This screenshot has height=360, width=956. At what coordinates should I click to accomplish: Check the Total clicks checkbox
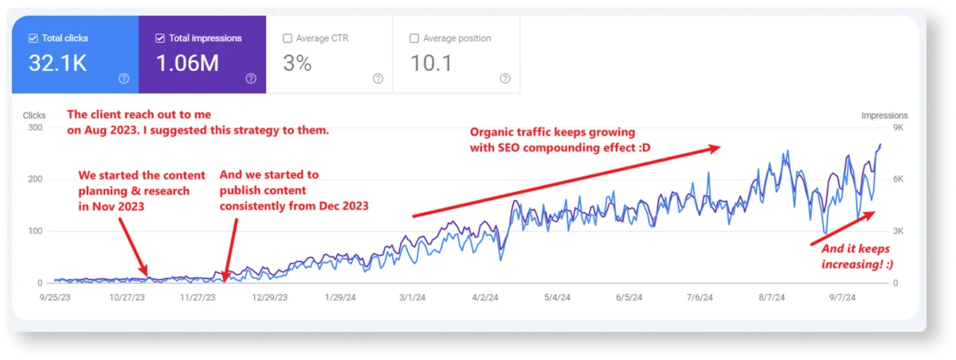click(x=33, y=38)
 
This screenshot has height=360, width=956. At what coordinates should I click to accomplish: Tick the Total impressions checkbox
click(x=160, y=38)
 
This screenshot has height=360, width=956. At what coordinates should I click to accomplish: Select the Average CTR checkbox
click(x=287, y=38)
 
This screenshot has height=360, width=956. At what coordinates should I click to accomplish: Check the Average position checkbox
click(x=413, y=38)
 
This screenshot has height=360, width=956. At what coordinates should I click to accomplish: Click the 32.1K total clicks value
click(x=57, y=64)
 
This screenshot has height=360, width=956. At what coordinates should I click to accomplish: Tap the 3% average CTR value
click(x=297, y=64)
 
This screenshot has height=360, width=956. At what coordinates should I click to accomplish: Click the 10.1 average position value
click(x=430, y=64)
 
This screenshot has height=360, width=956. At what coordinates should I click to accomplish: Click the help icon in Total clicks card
click(x=123, y=78)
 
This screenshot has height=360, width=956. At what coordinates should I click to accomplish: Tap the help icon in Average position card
click(x=504, y=78)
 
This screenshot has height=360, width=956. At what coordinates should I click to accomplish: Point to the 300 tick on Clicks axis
click(x=34, y=127)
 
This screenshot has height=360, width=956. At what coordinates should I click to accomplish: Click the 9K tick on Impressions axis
click(x=899, y=127)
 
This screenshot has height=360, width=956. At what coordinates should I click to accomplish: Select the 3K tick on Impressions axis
click(x=899, y=231)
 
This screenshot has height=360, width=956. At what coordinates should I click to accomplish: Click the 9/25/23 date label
click(x=56, y=299)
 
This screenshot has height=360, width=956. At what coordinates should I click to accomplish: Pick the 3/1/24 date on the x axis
click(x=412, y=299)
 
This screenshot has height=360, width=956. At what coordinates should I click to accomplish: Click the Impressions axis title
click(x=884, y=115)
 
